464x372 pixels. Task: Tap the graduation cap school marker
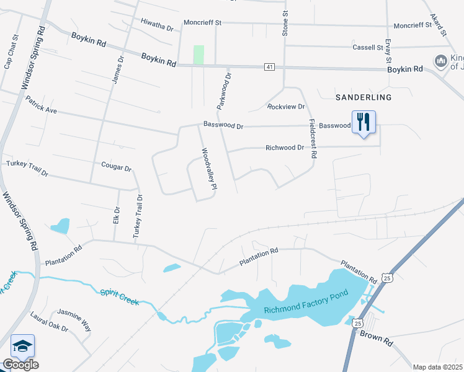22,347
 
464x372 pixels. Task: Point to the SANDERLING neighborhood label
364,97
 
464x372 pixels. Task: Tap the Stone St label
285,22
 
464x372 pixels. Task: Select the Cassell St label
368,47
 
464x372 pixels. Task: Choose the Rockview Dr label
286,107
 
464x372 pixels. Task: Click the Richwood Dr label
285,148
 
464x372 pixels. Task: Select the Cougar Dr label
117,168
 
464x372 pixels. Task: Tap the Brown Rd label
376,338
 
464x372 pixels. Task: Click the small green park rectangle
199,55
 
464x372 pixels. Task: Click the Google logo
20,365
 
